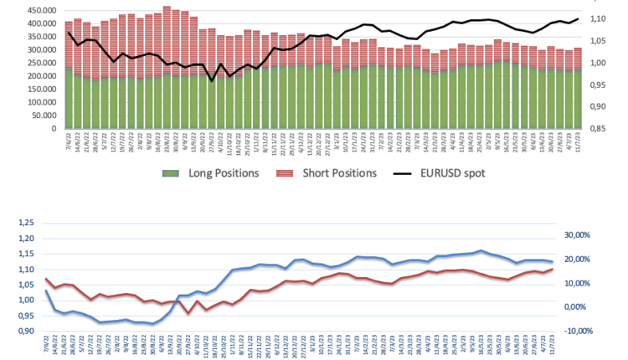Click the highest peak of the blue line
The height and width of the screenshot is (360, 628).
481,250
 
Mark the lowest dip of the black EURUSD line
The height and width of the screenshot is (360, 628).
211,80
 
